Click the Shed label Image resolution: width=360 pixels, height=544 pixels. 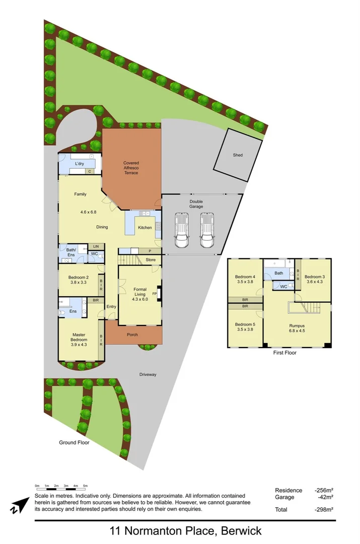coord(238,155)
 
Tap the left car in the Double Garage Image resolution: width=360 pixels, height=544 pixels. coord(182,230)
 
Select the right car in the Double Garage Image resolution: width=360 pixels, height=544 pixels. coord(206,230)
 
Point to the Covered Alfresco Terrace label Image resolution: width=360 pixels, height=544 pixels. coord(131,168)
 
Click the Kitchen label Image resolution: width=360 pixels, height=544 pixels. coord(145,228)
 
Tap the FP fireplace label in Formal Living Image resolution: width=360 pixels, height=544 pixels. coord(155,294)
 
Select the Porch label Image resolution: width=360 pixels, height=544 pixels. coord(132,335)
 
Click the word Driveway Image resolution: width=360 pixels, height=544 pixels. coord(148,374)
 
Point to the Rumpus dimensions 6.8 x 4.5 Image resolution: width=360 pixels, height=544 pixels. coord(297,331)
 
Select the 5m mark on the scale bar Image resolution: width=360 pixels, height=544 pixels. coord(86,486)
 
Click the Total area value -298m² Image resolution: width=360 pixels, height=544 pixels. coord(324,510)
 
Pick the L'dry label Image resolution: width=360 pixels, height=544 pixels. coord(80,164)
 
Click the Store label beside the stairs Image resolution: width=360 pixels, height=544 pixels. coord(151,260)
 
